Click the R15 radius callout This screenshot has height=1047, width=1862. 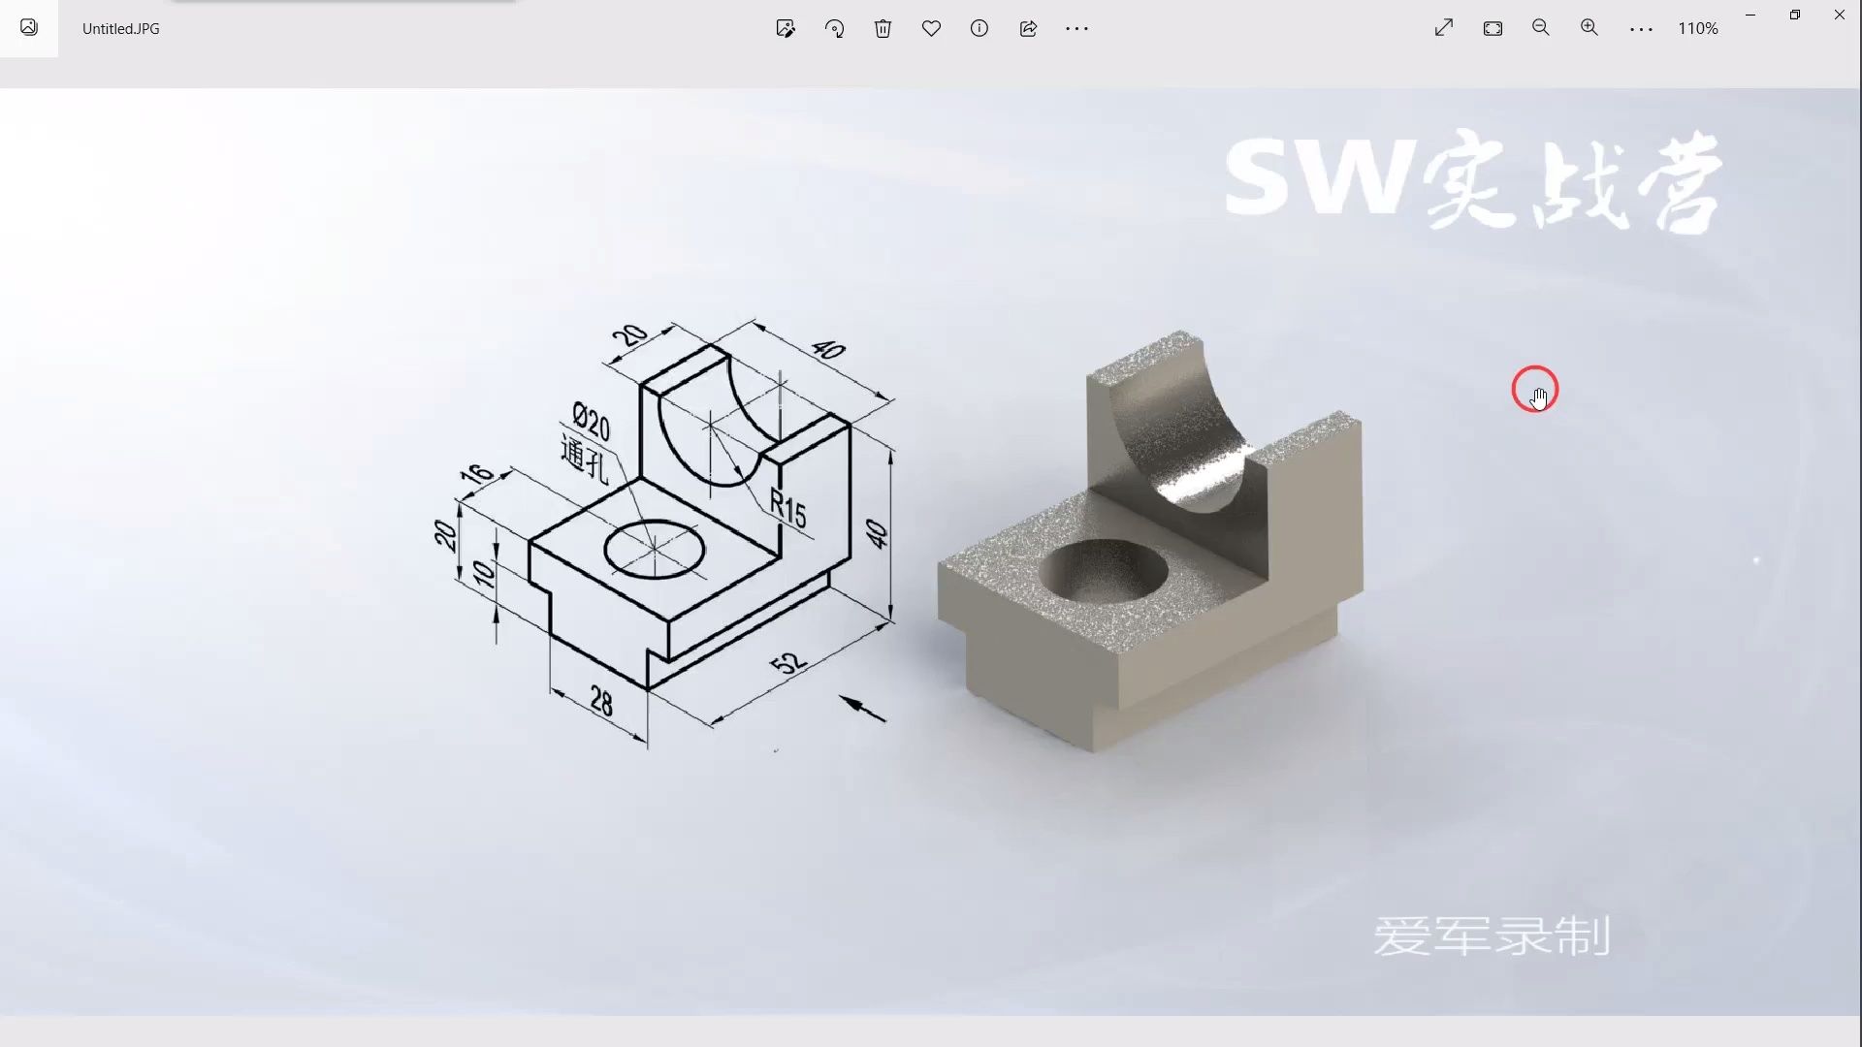coord(787,508)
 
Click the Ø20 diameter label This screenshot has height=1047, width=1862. coord(591,422)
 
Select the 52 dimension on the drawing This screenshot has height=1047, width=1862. coord(787,662)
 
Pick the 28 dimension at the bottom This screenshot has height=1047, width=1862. coord(601,701)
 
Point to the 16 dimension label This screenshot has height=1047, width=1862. coord(476,474)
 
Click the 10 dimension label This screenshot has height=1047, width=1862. coord(483,574)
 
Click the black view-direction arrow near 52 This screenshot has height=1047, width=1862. coord(862,709)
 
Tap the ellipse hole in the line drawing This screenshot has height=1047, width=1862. coord(655,549)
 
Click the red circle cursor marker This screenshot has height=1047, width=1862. coord(1534,390)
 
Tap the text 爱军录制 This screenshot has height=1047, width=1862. coord(1491,936)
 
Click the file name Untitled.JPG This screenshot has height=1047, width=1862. coord(120,29)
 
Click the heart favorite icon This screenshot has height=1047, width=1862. coord(931,29)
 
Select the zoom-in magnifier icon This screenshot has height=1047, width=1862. coord(1589,28)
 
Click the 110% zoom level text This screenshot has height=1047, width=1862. coord(1697,29)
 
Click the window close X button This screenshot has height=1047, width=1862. coord(1839,15)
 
